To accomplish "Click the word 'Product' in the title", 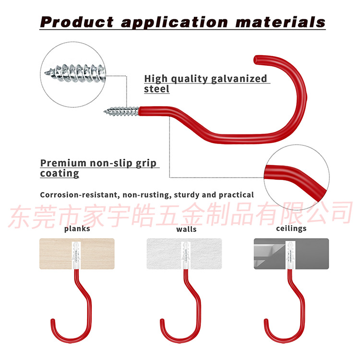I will [x=77, y=22].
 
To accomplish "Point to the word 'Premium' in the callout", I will [x=63, y=164].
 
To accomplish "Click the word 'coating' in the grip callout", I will [x=60, y=174].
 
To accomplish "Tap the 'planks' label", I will [x=77, y=229].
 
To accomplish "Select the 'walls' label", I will [x=186, y=229].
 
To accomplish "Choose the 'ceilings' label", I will [x=291, y=228].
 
